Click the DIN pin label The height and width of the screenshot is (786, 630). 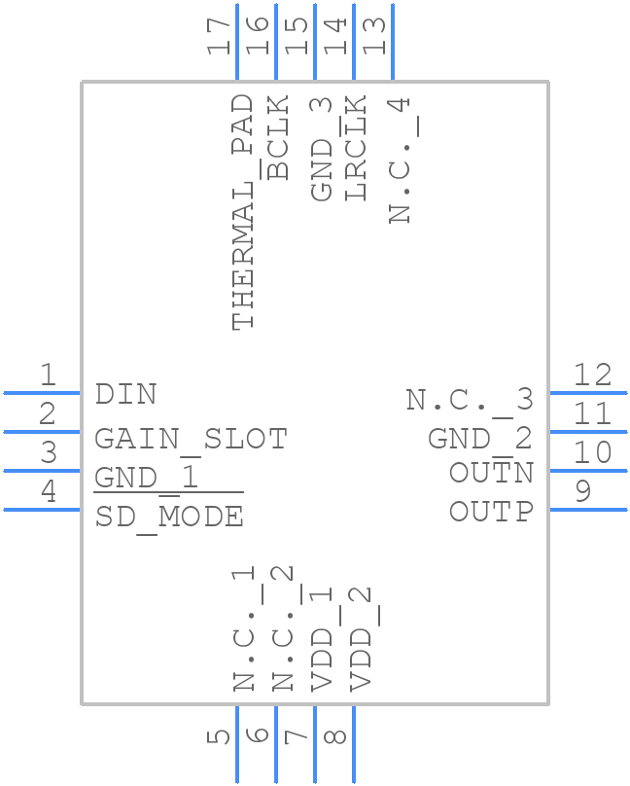point(125,394)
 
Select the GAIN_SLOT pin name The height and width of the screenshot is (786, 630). point(191,439)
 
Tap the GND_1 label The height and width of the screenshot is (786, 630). point(147,478)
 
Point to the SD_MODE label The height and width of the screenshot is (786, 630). point(169,517)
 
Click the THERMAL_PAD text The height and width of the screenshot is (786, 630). point(243,212)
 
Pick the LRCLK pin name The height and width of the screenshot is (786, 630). point(356,148)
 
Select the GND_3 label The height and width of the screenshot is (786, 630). point(322,149)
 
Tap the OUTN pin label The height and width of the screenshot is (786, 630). point(491,473)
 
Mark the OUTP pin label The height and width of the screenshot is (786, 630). point(491,511)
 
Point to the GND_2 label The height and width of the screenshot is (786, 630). point(480,439)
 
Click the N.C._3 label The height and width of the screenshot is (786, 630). point(470,399)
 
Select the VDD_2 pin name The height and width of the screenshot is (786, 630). point(361,638)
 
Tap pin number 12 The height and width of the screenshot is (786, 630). point(592,375)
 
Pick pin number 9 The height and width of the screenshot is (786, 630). point(582,491)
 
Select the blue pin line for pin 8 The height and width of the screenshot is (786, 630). point(353,744)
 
